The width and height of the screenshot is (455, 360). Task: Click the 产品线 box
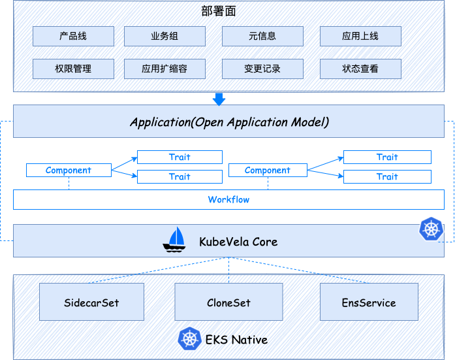pyautogui.click(x=73, y=36)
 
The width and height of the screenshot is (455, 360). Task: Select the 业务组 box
pyautogui.click(x=165, y=36)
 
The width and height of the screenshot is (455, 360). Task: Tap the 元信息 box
pyautogui.click(x=262, y=36)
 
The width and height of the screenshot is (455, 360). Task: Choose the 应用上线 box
pyautogui.click(x=360, y=36)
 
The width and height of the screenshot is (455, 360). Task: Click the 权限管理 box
pyautogui.click(x=73, y=69)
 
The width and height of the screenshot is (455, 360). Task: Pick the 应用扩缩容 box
pyautogui.click(x=165, y=69)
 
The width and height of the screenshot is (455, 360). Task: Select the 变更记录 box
pyautogui.click(x=262, y=69)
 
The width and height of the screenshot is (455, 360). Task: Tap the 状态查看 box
pyautogui.click(x=360, y=69)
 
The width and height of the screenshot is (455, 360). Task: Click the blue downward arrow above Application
pyautogui.click(x=219, y=99)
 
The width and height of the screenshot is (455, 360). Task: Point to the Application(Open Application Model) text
pyautogui.click(x=228, y=122)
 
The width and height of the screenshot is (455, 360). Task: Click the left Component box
pyautogui.click(x=69, y=171)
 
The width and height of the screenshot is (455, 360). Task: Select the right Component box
pyautogui.click(x=268, y=171)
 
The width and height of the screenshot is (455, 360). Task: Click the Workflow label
pyautogui.click(x=228, y=199)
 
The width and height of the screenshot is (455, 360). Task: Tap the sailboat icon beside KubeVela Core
pyautogui.click(x=175, y=240)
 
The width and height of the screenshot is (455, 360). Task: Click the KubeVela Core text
pyautogui.click(x=238, y=242)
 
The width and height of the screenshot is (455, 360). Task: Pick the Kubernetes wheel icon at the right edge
pyautogui.click(x=431, y=228)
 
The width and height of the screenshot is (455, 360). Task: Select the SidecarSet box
pyautogui.click(x=91, y=303)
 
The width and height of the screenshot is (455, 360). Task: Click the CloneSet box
pyautogui.click(x=228, y=303)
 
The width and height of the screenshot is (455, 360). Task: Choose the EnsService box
pyautogui.click(x=369, y=303)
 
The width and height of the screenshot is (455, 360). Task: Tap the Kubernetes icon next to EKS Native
pyautogui.click(x=189, y=339)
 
